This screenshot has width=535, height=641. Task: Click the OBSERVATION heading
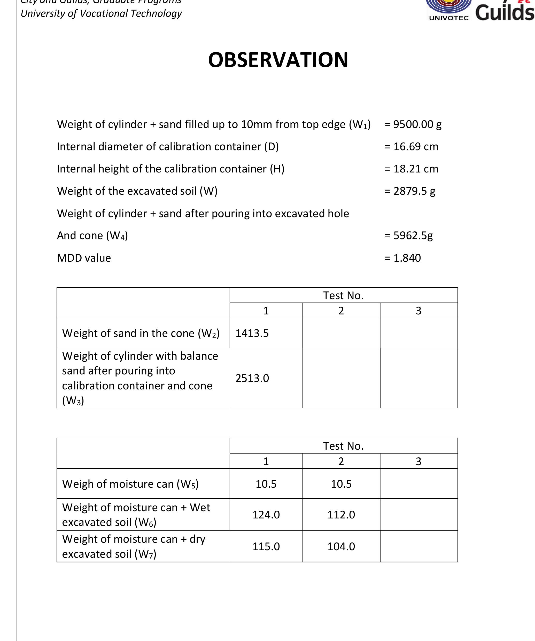278,60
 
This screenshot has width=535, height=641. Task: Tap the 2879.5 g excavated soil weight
414,191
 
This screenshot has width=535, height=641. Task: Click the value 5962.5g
413,235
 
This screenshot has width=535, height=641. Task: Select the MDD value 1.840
407,258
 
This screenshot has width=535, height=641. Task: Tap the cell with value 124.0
266,515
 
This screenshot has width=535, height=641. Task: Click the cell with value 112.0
341,515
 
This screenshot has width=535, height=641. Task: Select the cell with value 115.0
266,546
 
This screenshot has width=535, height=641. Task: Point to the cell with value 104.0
341,546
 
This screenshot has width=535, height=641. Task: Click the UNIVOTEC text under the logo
449,18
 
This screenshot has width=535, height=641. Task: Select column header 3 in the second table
418,461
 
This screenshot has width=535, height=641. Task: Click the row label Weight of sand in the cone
141,333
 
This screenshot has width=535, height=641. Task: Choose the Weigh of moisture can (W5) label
130,484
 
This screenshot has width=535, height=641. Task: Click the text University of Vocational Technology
101,13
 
